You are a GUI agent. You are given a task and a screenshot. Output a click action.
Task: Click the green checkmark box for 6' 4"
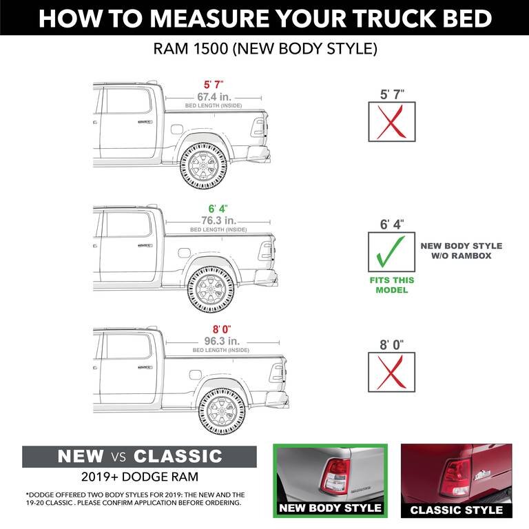[x=391, y=252]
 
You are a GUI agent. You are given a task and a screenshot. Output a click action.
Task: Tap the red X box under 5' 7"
[x=391, y=122]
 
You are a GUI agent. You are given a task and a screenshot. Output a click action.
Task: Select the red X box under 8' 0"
[x=391, y=373]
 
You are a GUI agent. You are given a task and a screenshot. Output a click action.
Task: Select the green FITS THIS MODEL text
[x=391, y=285]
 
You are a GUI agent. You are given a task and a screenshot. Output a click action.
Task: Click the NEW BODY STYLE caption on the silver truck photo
[x=330, y=508]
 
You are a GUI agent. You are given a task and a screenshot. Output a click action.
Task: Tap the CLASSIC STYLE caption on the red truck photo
[x=456, y=510]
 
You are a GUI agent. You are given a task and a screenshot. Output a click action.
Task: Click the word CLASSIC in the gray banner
[x=178, y=456]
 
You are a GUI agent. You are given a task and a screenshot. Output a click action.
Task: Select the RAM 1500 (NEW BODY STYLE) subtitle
[x=264, y=50]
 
